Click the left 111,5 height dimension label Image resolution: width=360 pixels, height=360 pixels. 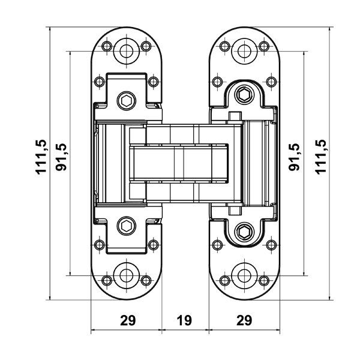click(x=41, y=156)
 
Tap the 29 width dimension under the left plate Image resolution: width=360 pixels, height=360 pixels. click(x=127, y=320)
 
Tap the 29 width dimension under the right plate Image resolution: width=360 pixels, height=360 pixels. click(x=243, y=320)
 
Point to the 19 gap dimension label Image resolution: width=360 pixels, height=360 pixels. click(x=184, y=320)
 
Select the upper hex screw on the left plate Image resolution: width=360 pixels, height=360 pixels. click(x=126, y=100)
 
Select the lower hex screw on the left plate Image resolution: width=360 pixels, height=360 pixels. click(x=126, y=226)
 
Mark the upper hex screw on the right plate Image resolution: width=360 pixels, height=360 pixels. click(x=244, y=94)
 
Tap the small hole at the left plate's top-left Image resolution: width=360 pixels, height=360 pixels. click(x=106, y=46)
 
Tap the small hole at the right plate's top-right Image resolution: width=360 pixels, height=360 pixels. click(x=263, y=46)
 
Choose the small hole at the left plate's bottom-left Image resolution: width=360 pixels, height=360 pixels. click(x=106, y=280)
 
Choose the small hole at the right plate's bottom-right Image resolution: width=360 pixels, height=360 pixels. click(x=263, y=280)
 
